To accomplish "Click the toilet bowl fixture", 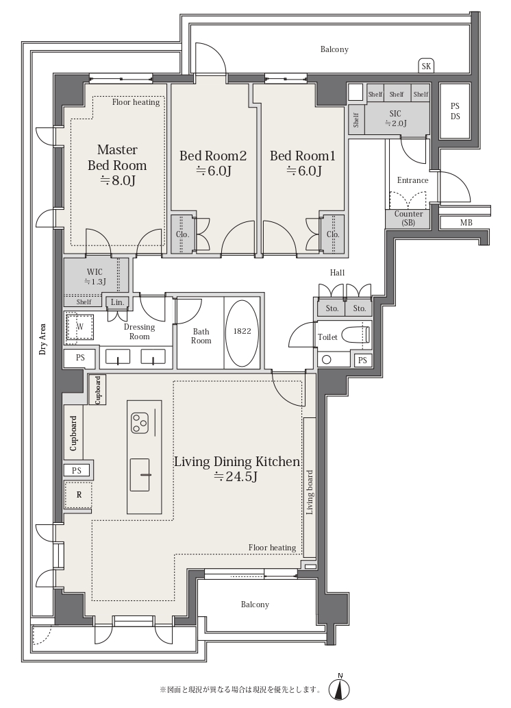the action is tap(356, 335).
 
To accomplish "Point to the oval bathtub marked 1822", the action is tap(242, 331).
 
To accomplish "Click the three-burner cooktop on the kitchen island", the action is tap(140, 423).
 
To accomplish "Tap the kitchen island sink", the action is tap(140, 474).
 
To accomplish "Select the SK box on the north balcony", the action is tap(426, 66).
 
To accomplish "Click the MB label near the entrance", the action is tap(466, 223).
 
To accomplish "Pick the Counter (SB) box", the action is tap(408, 219).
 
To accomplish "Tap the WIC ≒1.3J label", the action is tap(95, 277).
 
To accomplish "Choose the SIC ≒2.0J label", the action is tap(395, 119).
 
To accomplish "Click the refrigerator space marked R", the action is tap(79, 495).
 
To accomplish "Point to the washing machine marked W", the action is tap(80, 326).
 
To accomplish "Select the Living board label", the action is tap(310, 493).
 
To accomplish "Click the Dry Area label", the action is tap(43, 339).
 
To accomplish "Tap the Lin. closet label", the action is tap(117, 302).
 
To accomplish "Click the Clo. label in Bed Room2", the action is tap(182, 234).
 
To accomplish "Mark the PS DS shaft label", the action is tap(455, 111).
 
